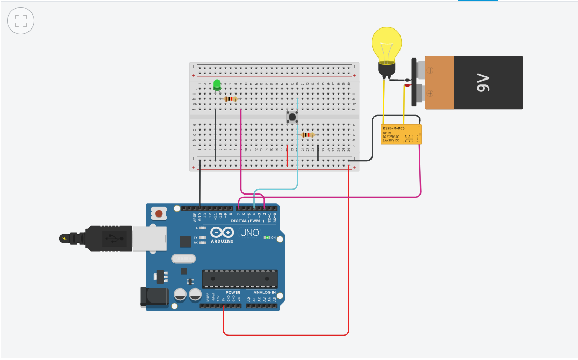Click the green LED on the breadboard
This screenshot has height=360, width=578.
[x=217, y=84]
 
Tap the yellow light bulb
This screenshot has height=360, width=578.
[x=387, y=47]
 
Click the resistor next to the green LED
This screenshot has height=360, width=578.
[x=231, y=99]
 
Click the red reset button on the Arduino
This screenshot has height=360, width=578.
[x=159, y=214]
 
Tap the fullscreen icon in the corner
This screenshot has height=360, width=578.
[x=21, y=21]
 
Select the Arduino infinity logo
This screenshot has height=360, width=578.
[x=222, y=232]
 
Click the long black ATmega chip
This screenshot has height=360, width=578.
[x=240, y=279]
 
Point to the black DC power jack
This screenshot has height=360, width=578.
[x=151, y=298]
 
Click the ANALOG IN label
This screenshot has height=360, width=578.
[x=261, y=293]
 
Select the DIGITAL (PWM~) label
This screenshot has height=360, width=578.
[x=247, y=221]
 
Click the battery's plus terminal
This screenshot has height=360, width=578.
[x=430, y=92]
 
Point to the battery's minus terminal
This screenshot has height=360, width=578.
[x=430, y=70]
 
